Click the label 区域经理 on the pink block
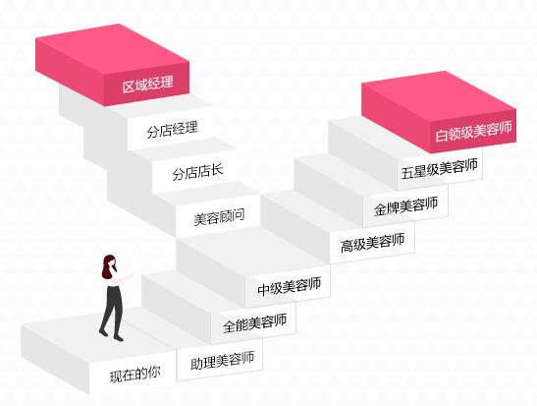(148, 84)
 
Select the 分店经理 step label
(172, 130)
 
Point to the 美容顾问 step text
(219, 216)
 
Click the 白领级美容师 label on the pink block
(473, 131)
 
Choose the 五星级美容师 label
(440, 169)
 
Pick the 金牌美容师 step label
(405, 206)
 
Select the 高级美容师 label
(373, 243)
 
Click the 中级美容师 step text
(290, 287)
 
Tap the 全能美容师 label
(255, 323)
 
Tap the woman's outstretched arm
(124, 278)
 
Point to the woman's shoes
(111, 335)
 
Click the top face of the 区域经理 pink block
(112, 50)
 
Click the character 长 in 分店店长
(217, 170)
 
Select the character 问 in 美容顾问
(239, 215)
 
